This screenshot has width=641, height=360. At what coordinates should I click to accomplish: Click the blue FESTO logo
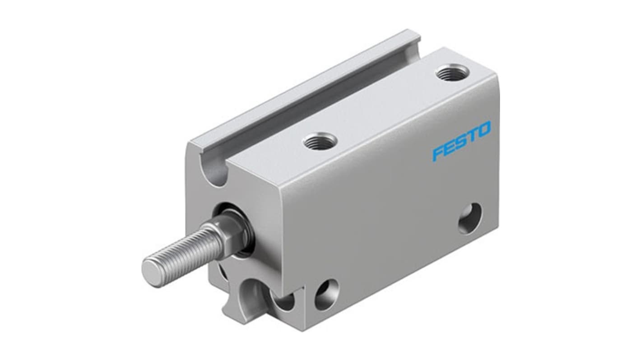pos(461,140)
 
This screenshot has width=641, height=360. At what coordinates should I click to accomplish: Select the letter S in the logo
pos(460,141)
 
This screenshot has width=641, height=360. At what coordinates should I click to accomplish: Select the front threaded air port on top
pos(319,142)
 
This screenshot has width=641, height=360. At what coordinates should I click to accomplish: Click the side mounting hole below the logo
pos(470,218)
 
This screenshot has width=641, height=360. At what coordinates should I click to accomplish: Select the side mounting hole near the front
pos(326,294)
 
